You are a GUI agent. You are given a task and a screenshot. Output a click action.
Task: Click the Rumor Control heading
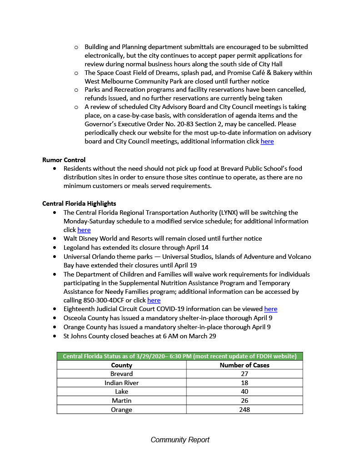(x=64, y=160)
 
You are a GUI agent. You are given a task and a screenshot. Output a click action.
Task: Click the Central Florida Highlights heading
(x=79, y=203)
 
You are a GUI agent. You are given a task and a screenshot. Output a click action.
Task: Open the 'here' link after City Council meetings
(x=267, y=142)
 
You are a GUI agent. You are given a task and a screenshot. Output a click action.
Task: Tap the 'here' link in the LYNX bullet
(x=84, y=230)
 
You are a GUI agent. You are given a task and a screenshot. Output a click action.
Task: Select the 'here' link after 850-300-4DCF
(x=154, y=301)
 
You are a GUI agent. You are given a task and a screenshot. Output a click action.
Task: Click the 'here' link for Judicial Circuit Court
(x=270, y=309)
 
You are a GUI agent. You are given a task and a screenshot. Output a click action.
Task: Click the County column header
(x=121, y=365)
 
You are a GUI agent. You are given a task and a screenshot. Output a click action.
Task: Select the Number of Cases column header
(x=245, y=365)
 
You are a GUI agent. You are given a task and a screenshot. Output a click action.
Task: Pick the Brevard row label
(x=121, y=374)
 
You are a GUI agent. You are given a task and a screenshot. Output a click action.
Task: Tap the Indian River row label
(x=121, y=383)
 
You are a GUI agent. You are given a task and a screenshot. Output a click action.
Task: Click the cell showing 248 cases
(x=245, y=410)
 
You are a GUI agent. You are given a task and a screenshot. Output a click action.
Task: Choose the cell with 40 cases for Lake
(x=245, y=391)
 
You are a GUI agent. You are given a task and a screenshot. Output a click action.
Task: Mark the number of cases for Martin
(x=245, y=401)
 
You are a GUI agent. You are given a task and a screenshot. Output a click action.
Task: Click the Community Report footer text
(x=180, y=440)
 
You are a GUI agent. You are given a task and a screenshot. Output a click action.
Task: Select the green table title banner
(x=180, y=356)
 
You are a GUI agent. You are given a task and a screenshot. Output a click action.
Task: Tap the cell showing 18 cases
(x=245, y=383)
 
